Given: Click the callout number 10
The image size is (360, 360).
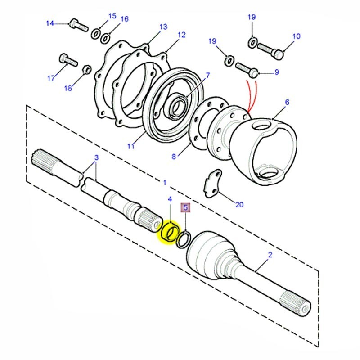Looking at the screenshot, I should (296, 36).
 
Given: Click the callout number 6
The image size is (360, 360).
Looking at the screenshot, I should (287, 103).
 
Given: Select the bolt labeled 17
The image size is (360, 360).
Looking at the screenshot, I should (65, 60).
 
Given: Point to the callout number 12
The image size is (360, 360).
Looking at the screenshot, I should (181, 35).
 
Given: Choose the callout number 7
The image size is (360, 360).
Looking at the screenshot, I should (207, 75).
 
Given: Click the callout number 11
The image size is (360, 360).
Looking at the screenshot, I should (131, 146).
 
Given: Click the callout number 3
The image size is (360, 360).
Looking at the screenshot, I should (96, 157).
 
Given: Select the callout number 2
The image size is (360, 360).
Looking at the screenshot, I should (270, 255).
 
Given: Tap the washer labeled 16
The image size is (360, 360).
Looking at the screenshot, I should (105, 38).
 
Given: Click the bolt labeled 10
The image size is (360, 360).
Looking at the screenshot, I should (270, 53).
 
